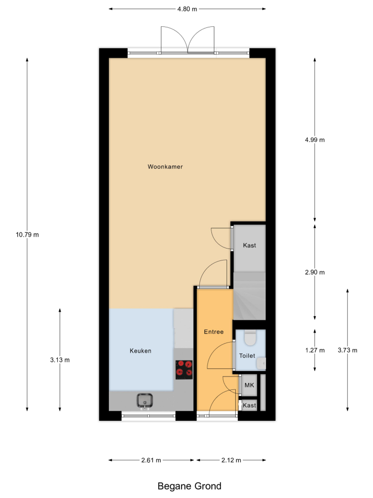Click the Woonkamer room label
click(165, 166)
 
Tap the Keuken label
click(140, 351)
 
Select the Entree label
click(213, 332)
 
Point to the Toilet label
click(247, 356)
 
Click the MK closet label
click(249, 385)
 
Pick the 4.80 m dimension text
click(187, 9)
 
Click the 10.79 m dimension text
click(27, 235)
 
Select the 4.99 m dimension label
click(315, 140)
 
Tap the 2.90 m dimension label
click(315, 272)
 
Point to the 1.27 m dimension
click(315, 350)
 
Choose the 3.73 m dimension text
click(347, 350)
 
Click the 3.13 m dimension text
click(60, 360)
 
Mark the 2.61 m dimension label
click(151, 460)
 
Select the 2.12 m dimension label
click(231, 460)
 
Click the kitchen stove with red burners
click(184, 370)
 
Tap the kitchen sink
click(145, 401)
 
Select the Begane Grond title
click(189, 486)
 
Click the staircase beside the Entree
click(249, 296)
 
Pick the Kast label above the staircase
click(249, 245)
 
